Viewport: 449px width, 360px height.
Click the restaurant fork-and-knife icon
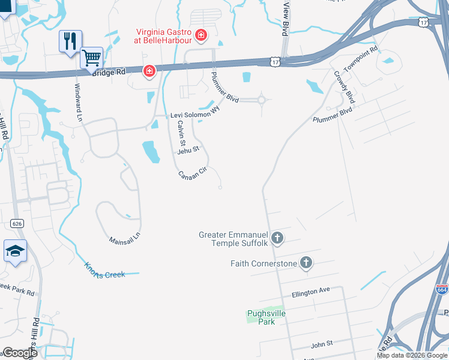point(70,41)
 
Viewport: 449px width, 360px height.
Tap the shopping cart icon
point(91,58)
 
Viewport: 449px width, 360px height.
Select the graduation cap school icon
point(15,250)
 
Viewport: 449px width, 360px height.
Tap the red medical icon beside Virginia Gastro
point(200,35)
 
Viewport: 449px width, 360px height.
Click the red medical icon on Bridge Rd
point(149,72)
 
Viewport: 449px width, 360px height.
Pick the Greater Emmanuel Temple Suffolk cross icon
point(277,238)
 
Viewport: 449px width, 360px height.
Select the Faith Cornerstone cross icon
point(306,263)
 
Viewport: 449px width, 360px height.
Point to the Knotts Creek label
point(104,270)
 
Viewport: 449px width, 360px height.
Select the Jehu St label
point(187,150)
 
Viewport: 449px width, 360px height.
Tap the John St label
point(322,346)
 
